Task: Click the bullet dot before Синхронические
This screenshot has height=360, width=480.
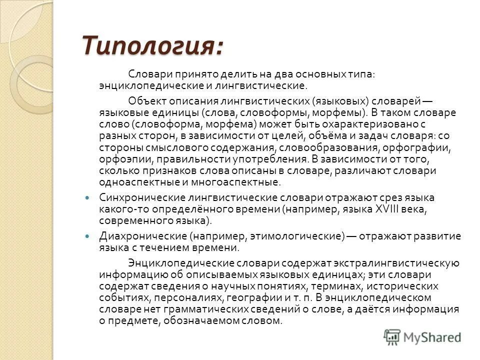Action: click(89, 197)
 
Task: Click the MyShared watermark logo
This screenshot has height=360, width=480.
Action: click(422, 337)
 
